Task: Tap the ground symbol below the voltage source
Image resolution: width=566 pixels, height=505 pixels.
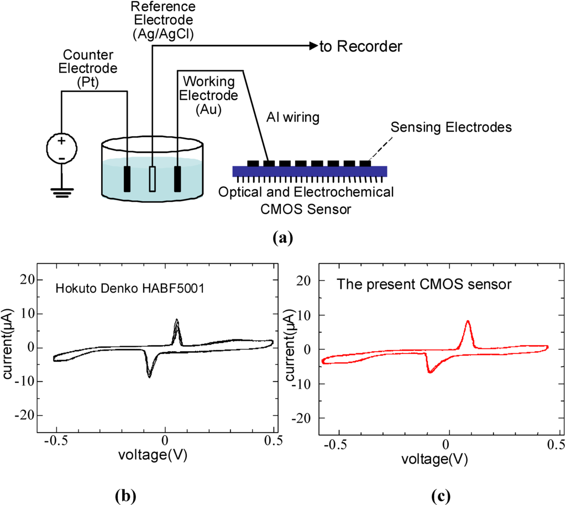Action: pyautogui.click(x=61, y=192)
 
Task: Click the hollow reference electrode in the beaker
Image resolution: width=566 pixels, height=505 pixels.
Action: pyautogui.click(x=153, y=178)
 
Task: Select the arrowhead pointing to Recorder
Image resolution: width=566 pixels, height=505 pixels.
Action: pyautogui.click(x=313, y=46)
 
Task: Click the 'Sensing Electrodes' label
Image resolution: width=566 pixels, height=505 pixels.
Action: pyautogui.click(x=450, y=127)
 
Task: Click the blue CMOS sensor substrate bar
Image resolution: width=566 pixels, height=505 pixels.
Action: pyautogui.click(x=310, y=171)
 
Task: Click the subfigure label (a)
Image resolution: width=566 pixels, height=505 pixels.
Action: pyautogui.click(x=282, y=238)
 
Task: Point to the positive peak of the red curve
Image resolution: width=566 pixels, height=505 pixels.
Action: pyautogui.click(x=468, y=321)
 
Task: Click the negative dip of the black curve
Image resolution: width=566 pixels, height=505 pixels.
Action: pyautogui.click(x=149, y=376)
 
